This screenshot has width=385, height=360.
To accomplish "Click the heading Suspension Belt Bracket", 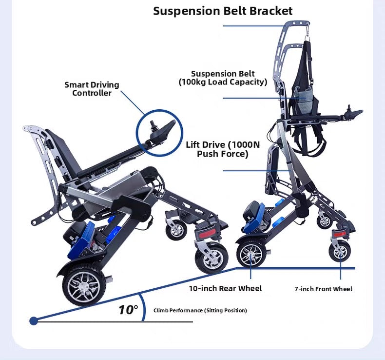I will point(223,11).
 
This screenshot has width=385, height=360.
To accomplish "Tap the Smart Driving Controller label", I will point(92,89).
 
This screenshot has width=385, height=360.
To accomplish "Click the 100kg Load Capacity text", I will point(223,82).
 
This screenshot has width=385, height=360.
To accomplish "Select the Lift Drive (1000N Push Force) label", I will point(223,149).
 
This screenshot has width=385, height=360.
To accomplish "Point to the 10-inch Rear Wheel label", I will point(225,288).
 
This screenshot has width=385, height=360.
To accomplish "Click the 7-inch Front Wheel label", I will point(323,289).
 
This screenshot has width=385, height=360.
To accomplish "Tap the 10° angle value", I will point(128,309).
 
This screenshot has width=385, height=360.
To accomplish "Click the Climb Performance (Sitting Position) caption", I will point(200,310).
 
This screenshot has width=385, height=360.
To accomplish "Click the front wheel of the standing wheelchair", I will point(340,251).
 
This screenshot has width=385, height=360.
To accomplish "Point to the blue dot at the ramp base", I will point(34,320).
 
